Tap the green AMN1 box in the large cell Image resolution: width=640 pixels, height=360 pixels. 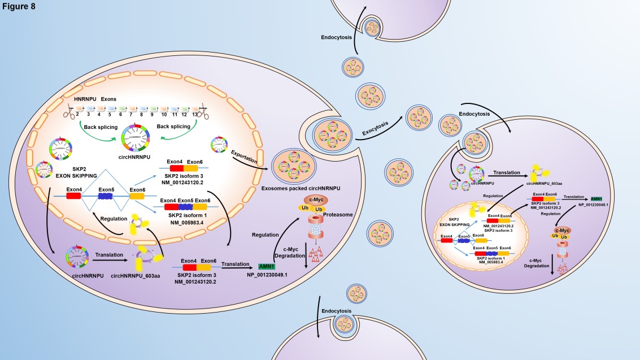coord(265,266)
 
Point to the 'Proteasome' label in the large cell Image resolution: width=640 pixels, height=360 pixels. coord(341,215)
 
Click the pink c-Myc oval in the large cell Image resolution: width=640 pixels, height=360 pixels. coord(314,199)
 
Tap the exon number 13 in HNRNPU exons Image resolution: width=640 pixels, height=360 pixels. coord(194,114)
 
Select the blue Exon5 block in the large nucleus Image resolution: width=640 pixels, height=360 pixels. coord(106,196)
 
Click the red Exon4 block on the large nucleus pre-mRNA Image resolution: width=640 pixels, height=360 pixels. coord(73,196)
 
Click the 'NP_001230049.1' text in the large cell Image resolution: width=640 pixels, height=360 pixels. coord(267,275)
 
